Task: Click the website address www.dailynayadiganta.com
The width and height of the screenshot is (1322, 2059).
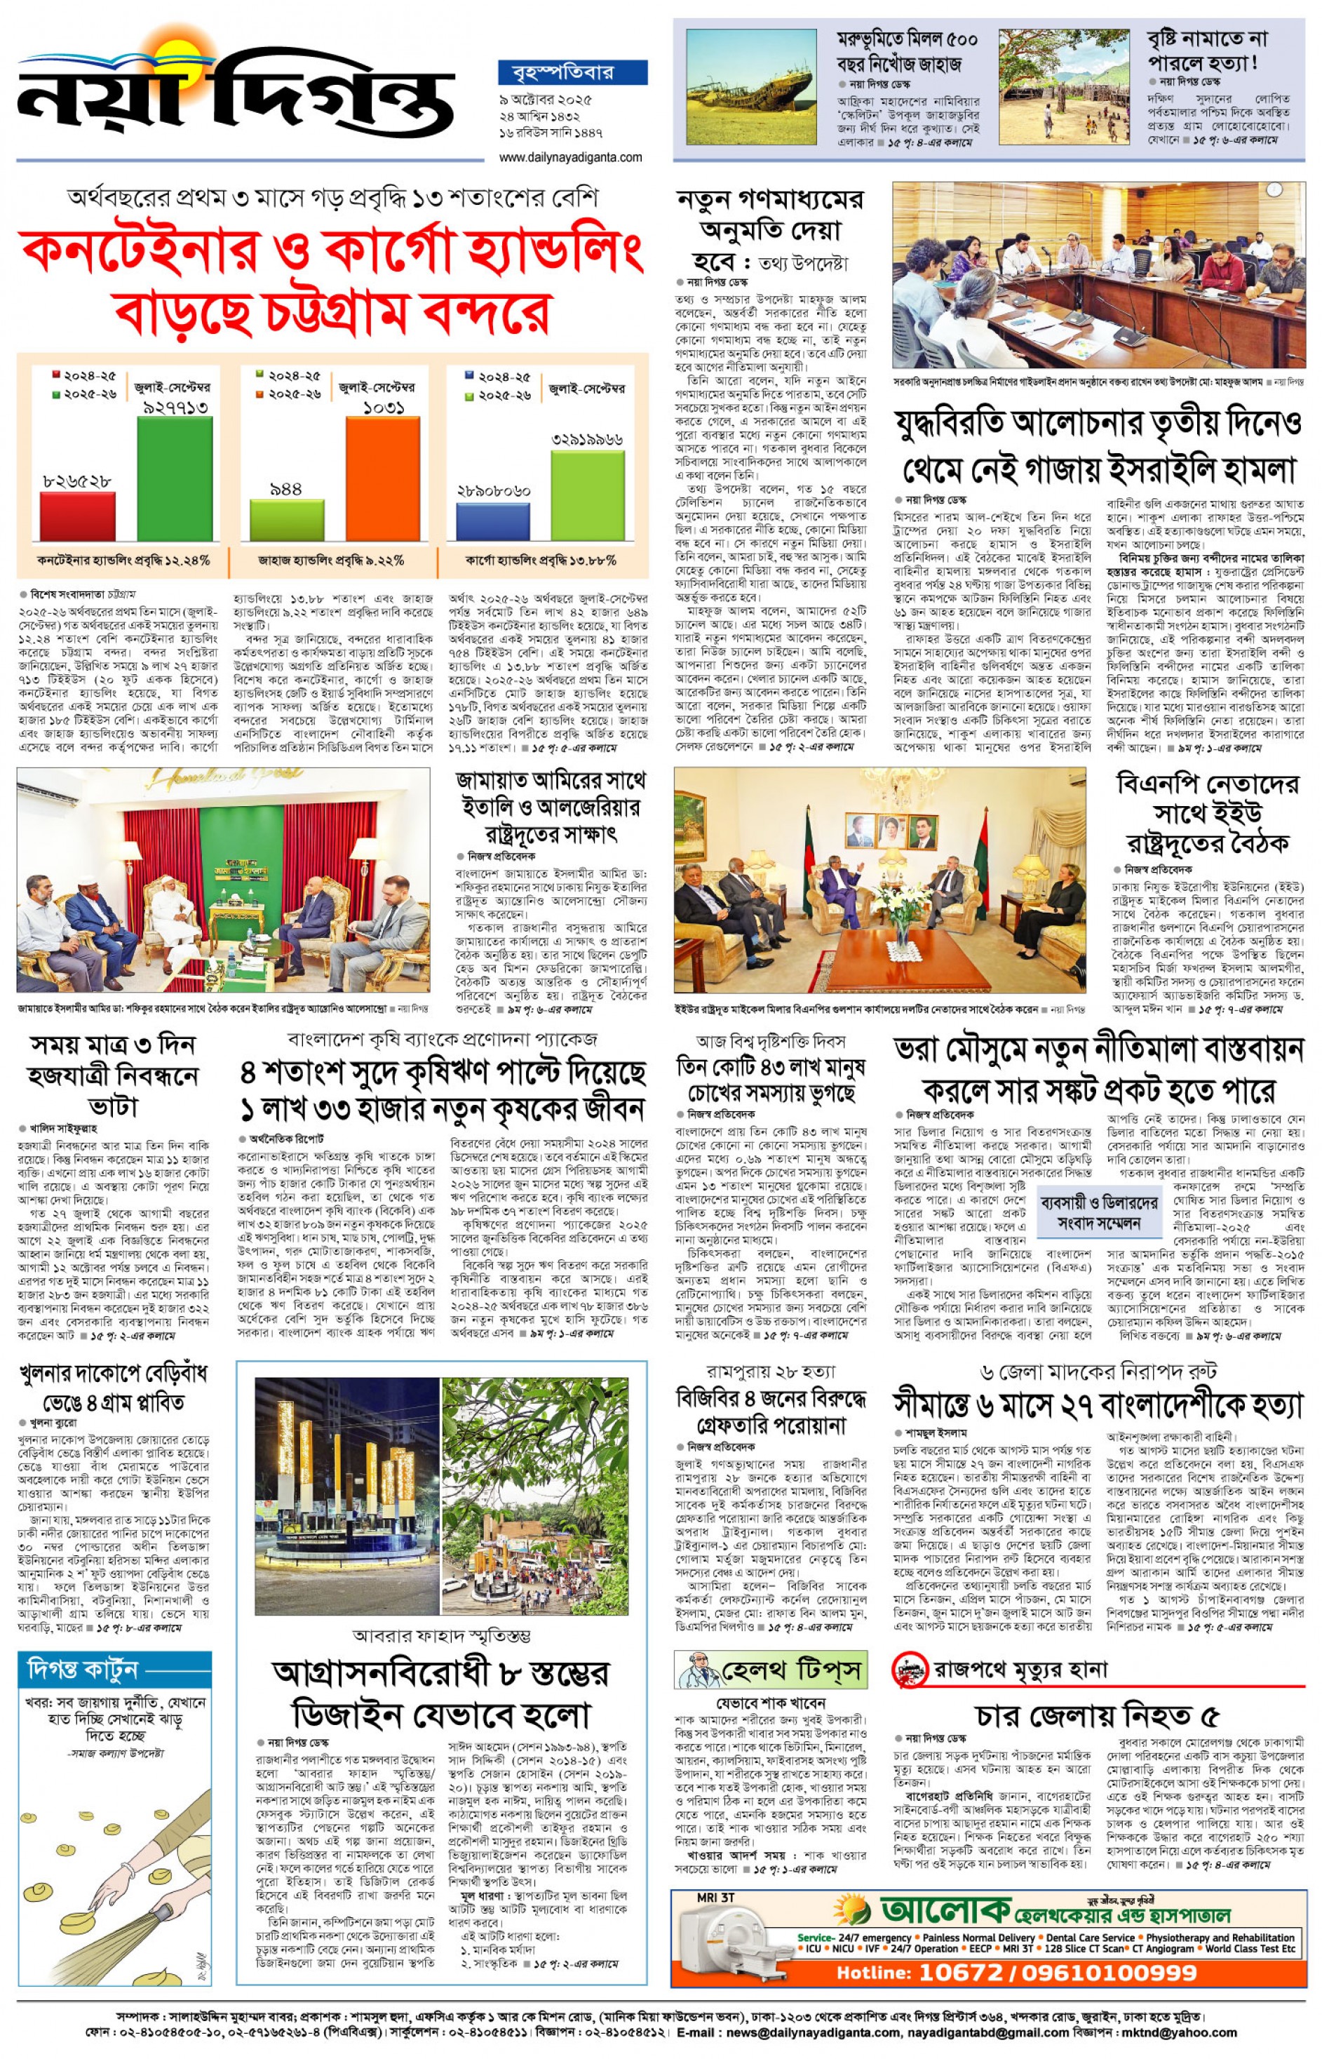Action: coord(570,157)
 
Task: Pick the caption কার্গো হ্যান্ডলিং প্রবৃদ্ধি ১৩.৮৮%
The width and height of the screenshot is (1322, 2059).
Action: coord(540,561)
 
